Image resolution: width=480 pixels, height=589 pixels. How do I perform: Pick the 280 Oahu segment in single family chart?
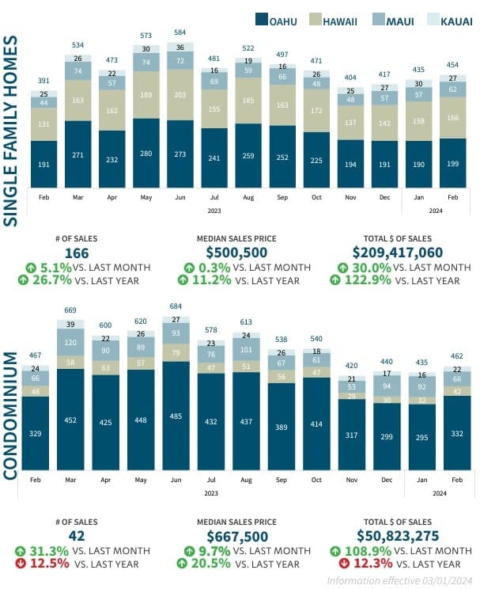pos(146,153)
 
